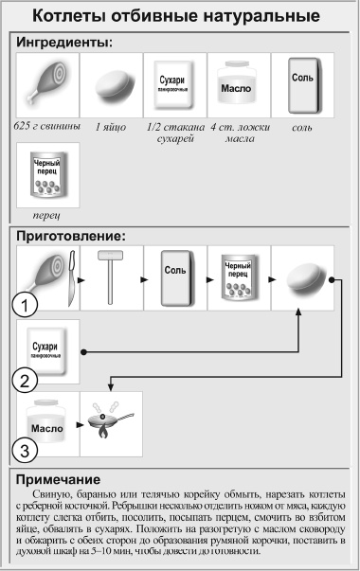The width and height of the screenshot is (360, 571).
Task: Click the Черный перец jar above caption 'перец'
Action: coord(46,173)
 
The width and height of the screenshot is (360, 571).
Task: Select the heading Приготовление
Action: coord(73,236)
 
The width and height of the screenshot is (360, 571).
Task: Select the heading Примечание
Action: coord(64,479)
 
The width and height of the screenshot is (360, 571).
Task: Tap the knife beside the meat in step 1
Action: coord(67,277)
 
